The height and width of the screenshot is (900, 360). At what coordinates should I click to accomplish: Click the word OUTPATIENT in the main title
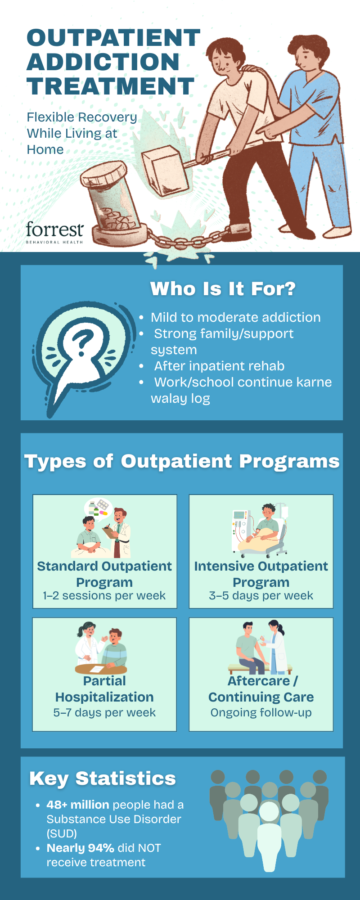click(113, 38)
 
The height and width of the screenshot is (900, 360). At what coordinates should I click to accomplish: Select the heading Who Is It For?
click(223, 289)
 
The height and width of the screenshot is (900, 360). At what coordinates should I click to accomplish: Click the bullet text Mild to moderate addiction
click(235, 317)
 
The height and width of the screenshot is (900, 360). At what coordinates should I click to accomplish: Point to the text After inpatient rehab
click(219, 366)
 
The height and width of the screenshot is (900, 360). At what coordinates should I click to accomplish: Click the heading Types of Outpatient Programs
click(182, 461)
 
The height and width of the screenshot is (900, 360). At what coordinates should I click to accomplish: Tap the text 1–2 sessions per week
click(104, 595)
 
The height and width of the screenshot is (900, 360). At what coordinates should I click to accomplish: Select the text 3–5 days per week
click(261, 595)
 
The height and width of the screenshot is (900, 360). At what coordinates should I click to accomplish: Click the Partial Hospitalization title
click(104, 689)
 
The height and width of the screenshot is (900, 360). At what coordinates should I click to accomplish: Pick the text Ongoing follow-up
click(261, 712)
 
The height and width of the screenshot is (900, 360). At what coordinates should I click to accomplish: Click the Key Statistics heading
click(103, 778)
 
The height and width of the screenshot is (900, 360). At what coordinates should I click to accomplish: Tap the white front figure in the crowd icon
click(269, 837)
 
